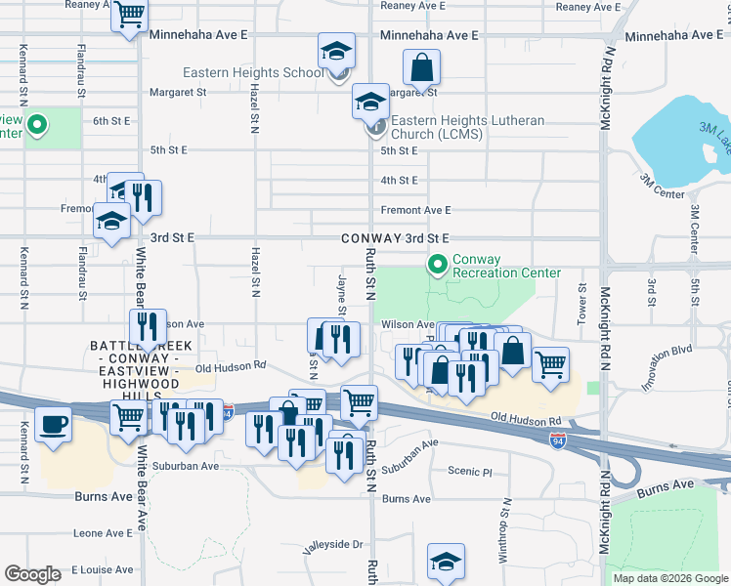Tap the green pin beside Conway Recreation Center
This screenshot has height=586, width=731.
click(436, 264)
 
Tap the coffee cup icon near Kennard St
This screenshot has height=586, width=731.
click(53, 425)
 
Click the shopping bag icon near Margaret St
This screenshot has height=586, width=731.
click(422, 67)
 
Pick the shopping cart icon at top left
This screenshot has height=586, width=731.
click(128, 16)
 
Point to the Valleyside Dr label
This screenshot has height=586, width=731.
click(332, 546)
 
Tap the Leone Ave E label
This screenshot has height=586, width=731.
click(103, 533)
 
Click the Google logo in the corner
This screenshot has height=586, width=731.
click(32, 574)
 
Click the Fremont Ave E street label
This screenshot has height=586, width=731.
click(415, 210)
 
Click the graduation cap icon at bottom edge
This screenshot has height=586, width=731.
click(446, 562)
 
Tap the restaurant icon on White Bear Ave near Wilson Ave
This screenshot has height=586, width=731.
click(147, 326)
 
